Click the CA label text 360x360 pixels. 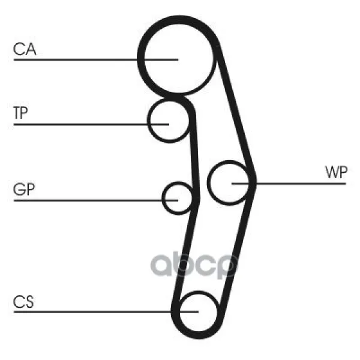coord(25,49)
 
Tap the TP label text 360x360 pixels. coord(20,113)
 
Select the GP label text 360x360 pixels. coord(24,189)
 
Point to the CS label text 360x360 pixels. coord(23,302)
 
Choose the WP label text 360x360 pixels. coord(336,172)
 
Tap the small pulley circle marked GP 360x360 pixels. coord(163,198)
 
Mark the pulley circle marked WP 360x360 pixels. coord(209,182)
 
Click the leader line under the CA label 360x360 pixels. coord(96,60)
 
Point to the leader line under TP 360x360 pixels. coord(91,125)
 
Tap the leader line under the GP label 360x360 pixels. coord(96,200)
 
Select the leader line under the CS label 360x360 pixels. coord(106,312)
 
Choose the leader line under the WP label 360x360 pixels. coord(289,184)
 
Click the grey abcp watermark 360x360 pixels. coord(194,266)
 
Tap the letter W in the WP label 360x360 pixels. coord(332,172)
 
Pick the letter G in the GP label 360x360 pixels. coord(19,189)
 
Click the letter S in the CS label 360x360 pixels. coord(29,302)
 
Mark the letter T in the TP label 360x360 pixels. coord(17,113)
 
